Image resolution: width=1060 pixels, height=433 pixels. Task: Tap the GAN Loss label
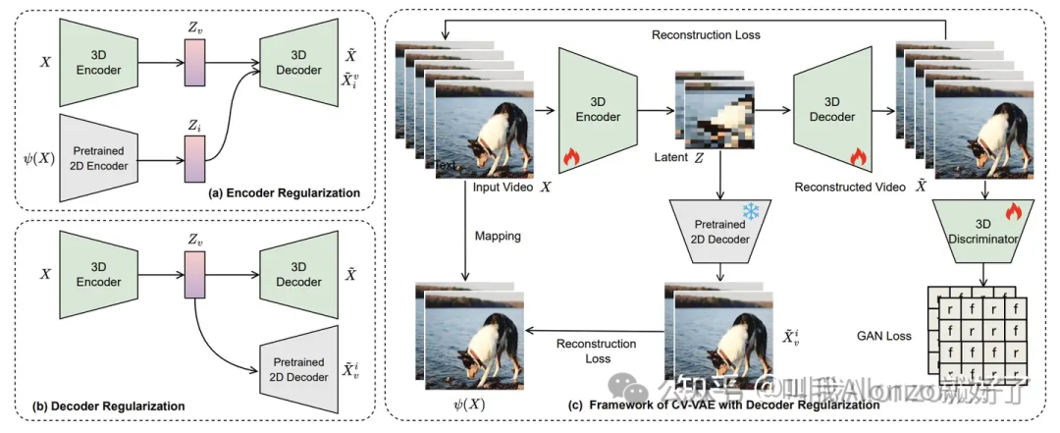(885, 336)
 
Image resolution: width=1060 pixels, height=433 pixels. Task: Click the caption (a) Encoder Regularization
(286, 192)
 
